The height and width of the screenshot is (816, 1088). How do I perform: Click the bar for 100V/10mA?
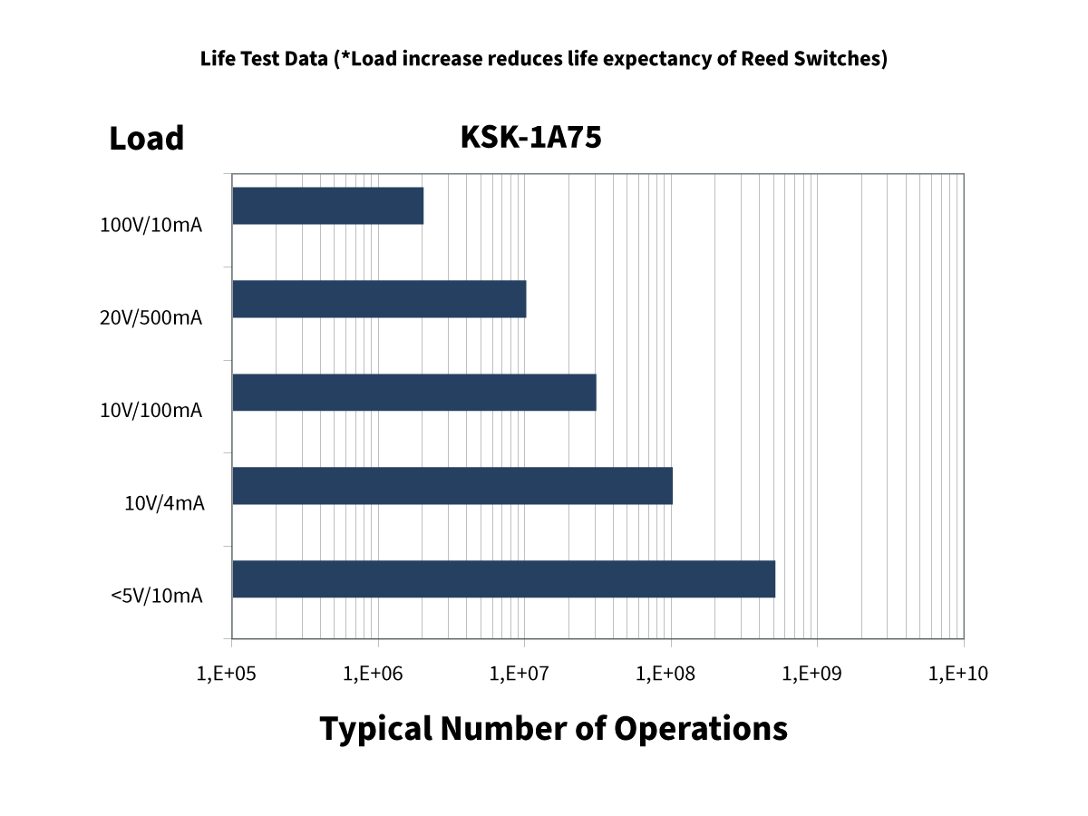pos(327,206)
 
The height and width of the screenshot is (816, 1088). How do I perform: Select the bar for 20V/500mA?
pos(379,299)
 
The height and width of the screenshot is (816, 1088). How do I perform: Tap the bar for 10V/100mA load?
pos(413,393)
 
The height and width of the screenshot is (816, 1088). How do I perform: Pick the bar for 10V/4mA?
pos(452,486)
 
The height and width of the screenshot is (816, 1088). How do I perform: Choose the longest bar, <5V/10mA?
pos(503,579)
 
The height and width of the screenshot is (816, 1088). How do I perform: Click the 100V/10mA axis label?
pos(151,225)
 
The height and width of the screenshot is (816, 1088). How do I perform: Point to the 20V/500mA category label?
pos(151,318)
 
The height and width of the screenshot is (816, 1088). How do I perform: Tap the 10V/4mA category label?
pos(164,502)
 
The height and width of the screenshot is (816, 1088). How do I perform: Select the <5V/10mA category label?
pos(156,596)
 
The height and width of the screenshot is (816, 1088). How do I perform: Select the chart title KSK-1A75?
pos(531,137)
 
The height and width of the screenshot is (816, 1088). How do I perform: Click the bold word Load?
pos(146,139)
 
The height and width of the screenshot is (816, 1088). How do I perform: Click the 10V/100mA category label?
pos(151,411)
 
